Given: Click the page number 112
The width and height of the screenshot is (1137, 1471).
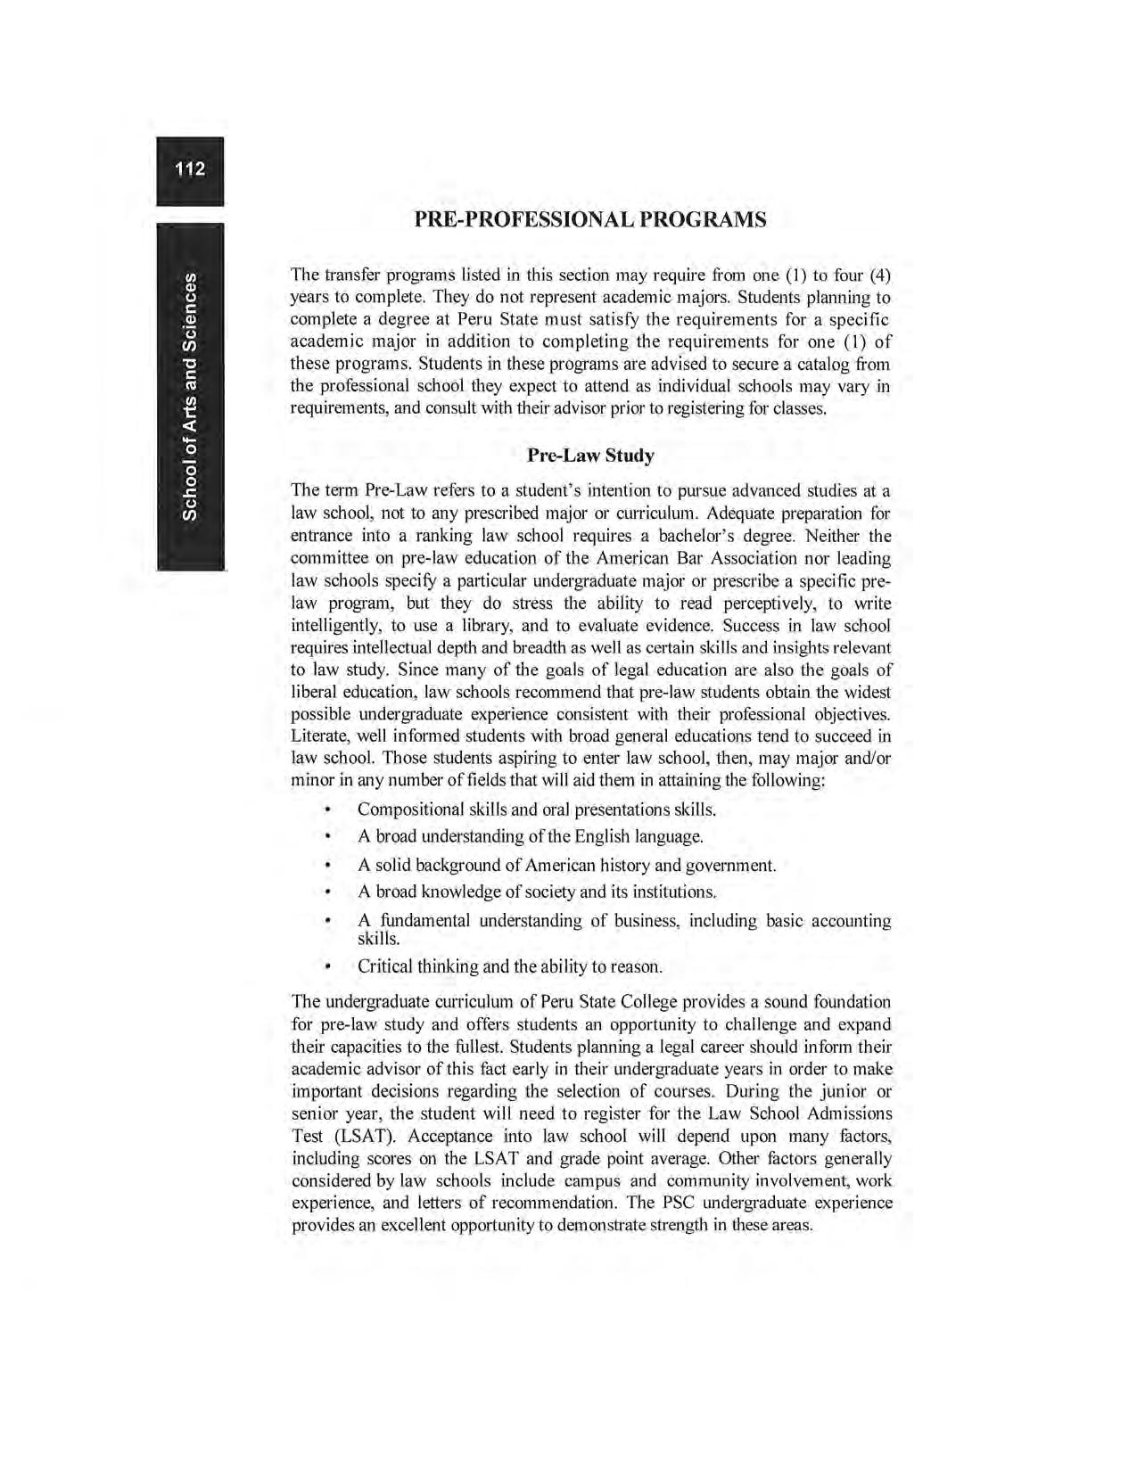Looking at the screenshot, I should (x=190, y=169).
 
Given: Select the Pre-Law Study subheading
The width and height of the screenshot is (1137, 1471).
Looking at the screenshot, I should (x=590, y=456).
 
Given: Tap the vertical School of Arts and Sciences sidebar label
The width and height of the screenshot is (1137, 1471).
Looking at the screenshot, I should (x=189, y=396).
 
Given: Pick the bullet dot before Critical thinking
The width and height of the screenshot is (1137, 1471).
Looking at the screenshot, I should (x=328, y=966).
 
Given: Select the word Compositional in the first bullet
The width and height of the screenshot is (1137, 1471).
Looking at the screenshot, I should (x=408, y=809).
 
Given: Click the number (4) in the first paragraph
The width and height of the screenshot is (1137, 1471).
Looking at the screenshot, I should (x=879, y=275).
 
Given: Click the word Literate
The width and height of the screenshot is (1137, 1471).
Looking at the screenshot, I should (x=321, y=736).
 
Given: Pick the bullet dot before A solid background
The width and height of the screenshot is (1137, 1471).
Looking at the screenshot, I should (x=328, y=865).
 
